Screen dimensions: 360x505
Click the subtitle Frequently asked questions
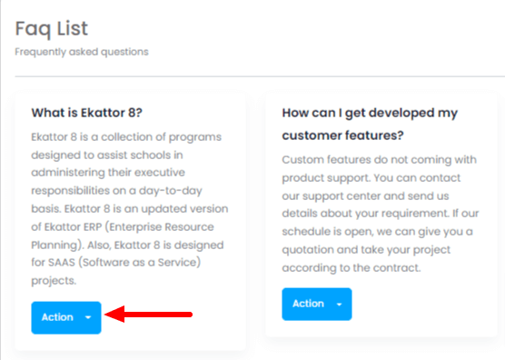pos(82,52)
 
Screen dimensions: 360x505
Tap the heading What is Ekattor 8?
pos(86,113)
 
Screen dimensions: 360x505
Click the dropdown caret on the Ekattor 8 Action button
pos(88,317)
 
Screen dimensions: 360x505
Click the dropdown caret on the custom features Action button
pos(339,304)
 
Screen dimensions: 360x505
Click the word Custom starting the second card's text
pos(303,160)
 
